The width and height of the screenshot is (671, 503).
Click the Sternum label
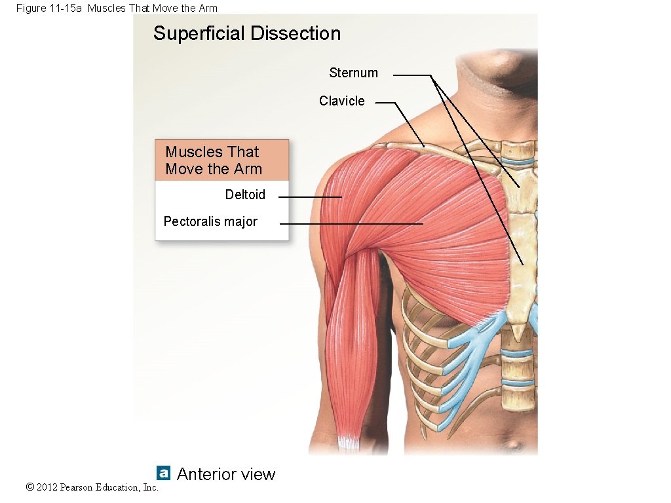coord(353,73)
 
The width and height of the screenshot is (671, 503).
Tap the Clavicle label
coord(341,101)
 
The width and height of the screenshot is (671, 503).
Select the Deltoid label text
coord(245,195)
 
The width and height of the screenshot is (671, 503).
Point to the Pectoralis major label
coord(210,221)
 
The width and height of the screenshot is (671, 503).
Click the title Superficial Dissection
coord(247,33)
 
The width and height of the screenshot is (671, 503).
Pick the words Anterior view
coord(226,474)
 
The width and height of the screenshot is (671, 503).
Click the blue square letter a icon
coord(163,472)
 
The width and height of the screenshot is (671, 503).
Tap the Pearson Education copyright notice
coord(92,487)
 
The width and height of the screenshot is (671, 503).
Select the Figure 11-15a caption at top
coord(117,8)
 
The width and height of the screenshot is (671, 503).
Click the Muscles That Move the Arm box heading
coord(214,160)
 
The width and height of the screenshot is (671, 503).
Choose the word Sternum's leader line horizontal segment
coord(412,75)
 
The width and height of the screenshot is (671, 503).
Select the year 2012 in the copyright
coord(47,487)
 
